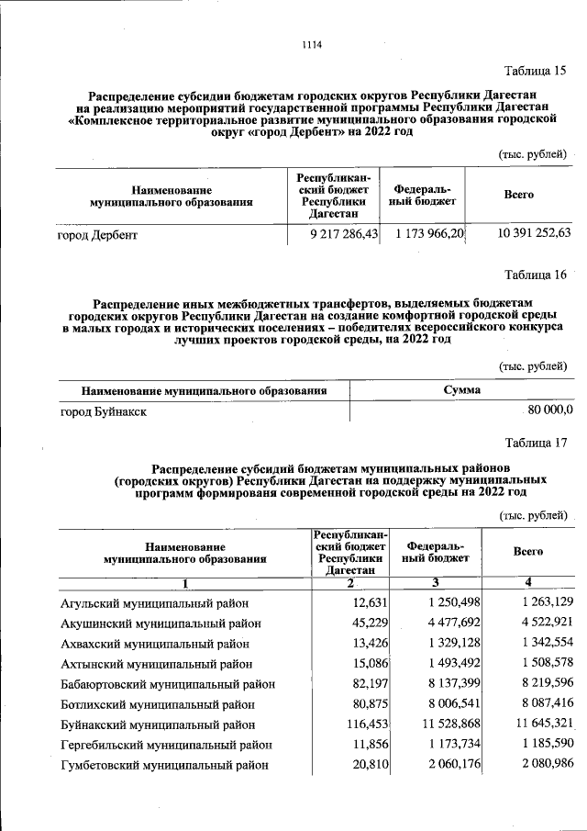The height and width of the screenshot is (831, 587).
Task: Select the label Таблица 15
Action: [x=537, y=71]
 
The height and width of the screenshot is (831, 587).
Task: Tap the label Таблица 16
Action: [x=537, y=275]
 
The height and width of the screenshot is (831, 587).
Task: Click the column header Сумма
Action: [x=461, y=390]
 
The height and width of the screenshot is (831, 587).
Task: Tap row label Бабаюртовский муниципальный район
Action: [x=168, y=684]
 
